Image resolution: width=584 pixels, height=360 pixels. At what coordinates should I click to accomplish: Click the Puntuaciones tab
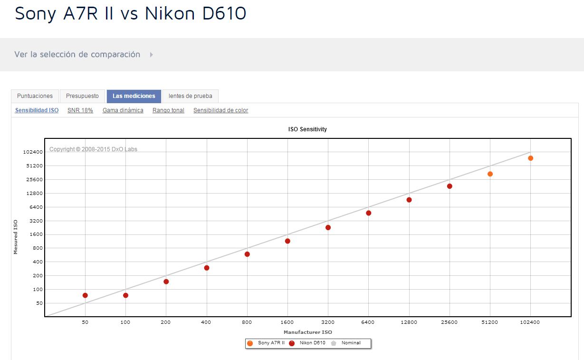tap(35, 96)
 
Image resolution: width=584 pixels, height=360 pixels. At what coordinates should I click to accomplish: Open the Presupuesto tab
tap(82, 96)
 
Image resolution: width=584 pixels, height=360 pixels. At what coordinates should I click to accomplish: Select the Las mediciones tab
tap(134, 96)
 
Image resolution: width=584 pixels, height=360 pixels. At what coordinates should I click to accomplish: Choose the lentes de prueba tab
tap(190, 96)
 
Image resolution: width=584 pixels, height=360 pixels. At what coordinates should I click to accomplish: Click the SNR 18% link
tap(80, 110)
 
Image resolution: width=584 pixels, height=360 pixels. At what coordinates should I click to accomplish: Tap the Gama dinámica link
tap(123, 110)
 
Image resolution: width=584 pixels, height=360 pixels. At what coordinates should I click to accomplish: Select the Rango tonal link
tap(168, 110)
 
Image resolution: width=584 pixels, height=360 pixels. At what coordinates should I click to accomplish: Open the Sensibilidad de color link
tap(220, 110)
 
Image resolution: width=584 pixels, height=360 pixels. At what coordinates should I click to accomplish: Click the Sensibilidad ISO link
tap(37, 110)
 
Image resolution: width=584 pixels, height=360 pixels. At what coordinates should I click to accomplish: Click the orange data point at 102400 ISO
tap(530, 158)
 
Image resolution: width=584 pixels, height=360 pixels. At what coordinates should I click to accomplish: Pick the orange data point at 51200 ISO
tap(490, 174)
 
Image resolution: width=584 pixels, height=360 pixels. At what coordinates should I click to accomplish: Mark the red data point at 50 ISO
tap(85, 295)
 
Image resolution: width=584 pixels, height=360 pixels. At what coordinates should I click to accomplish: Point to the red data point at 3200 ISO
tap(328, 228)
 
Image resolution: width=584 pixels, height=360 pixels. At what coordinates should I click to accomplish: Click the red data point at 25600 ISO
tap(450, 186)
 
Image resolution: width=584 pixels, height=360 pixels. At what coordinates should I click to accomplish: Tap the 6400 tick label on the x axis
tap(368, 322)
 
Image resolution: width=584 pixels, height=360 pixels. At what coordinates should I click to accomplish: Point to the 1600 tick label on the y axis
tap(35, 234)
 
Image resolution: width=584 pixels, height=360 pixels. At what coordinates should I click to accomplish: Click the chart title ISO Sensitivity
tap(307, 129)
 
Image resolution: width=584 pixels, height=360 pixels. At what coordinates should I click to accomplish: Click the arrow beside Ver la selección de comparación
tap(152, 55)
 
